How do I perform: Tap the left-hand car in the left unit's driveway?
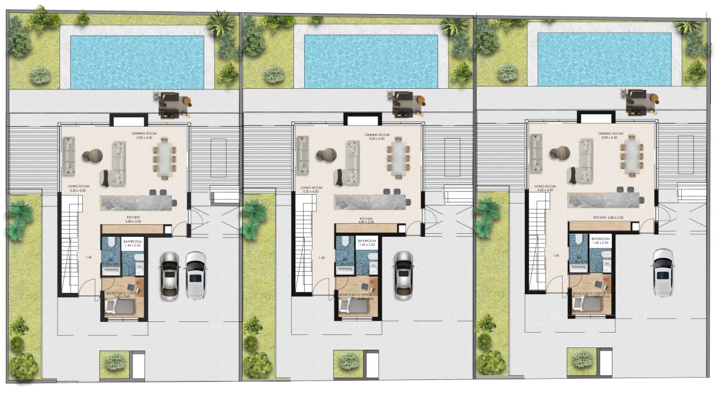coord(169,275)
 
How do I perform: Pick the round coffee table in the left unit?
coord(91,156)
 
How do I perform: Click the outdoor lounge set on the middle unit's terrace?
coord(407,102)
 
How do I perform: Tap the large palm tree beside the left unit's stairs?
coord(21,216)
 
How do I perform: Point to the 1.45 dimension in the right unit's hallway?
coord(554,256)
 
